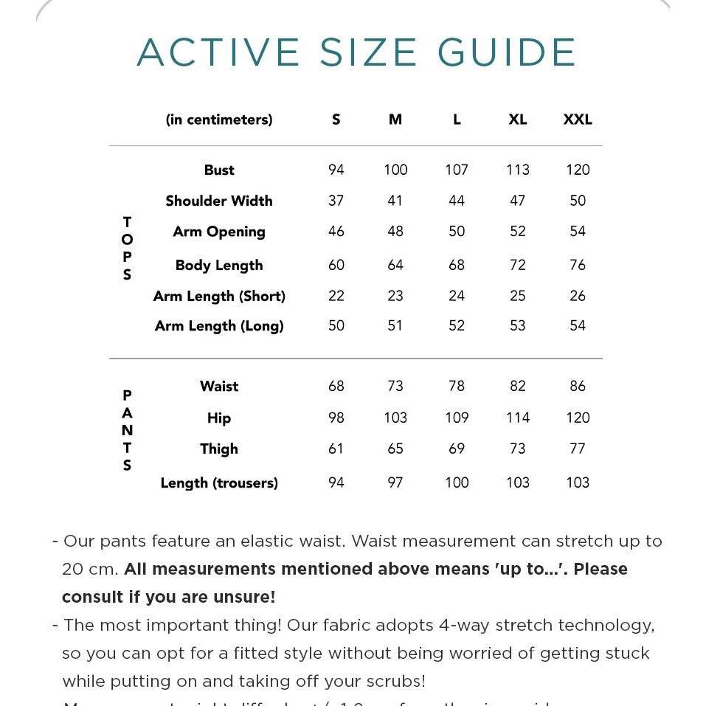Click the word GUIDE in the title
coord(507,53)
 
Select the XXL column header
coord(578,120)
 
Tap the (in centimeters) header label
coord(219,120)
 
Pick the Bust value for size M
coord(395,170)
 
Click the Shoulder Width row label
coord(219,201)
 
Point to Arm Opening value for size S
coord(336,232)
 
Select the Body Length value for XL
coord(518,265)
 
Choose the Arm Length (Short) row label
coord(219,296)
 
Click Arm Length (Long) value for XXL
coord(578,325)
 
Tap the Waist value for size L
coord(457,386)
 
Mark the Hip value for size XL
coord(518,418)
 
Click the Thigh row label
coord(219,449)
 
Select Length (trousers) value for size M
coord(395,482)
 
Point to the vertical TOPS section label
coord(127,249)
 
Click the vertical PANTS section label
coord(127,430)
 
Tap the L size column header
coord(457,120)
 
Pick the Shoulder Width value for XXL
coord(578,201)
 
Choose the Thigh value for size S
coord(336,449)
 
